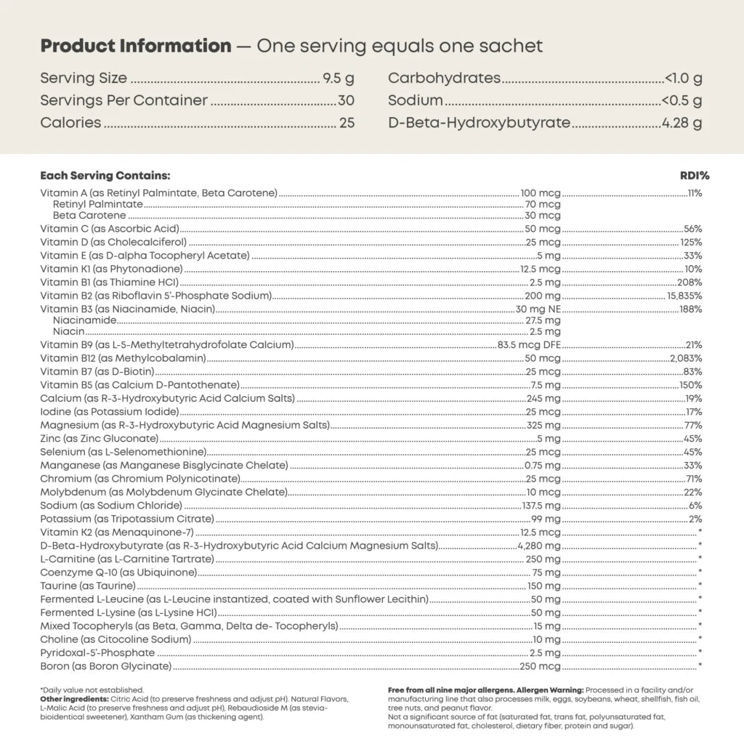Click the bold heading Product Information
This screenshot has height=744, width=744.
point(136,46)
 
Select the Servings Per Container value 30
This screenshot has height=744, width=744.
point(346,100)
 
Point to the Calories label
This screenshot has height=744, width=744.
point(70,122)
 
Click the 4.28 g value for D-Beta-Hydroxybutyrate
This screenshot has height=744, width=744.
point(682,122)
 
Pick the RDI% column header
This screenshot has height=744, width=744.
point(695,176)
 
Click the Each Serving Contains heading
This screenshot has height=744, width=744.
point(105,176)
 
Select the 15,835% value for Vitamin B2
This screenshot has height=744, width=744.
point(684,296)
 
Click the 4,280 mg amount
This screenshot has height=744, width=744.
point(538,546)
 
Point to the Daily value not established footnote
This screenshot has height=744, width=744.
point(92,690)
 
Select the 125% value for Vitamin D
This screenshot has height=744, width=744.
point(691,242)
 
